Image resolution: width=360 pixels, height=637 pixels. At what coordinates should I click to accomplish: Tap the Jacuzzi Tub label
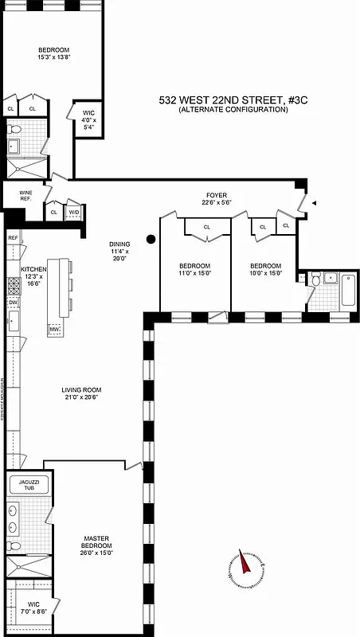(29, 485)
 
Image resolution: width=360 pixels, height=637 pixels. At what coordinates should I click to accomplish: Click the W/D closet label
(73, 212)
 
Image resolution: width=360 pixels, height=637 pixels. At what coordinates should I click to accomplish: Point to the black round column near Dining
(151, 236)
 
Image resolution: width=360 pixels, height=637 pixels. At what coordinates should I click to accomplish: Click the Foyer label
(217, 196)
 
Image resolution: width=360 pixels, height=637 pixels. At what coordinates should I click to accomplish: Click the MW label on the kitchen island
(55, 329)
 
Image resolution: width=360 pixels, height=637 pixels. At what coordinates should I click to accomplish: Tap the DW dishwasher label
(14, 303)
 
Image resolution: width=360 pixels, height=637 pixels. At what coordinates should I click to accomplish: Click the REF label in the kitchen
(13, 238)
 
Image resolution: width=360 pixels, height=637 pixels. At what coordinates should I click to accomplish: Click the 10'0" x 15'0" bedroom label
(265, 270)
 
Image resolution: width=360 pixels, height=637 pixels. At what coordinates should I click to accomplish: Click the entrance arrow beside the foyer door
(315, 204)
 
